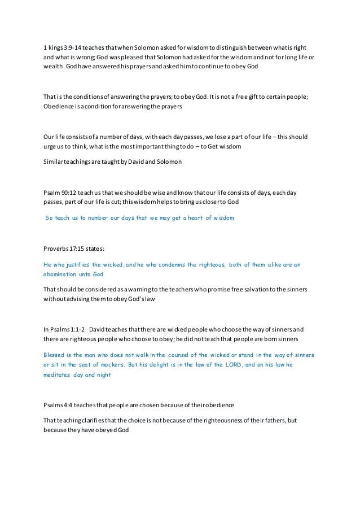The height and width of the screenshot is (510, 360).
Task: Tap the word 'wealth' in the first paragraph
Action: point(54,68)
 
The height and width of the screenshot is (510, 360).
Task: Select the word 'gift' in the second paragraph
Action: point(253,95)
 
